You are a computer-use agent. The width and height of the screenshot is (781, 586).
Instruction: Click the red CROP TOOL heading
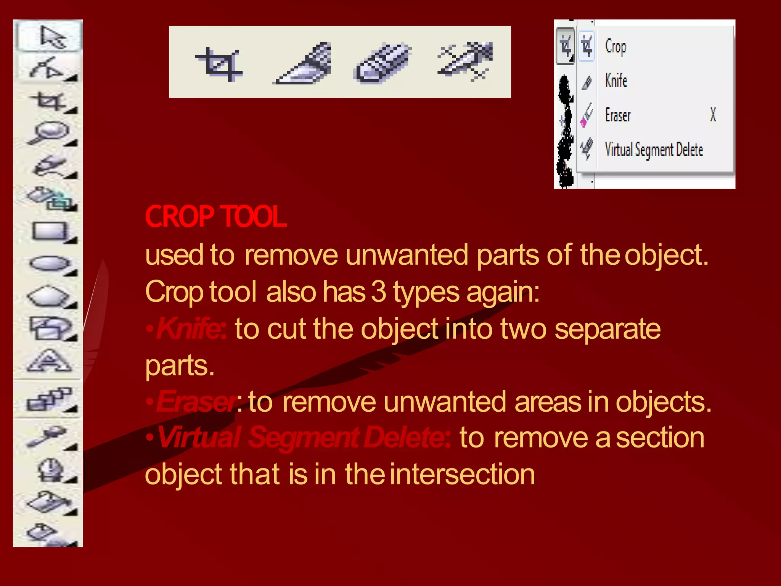215,217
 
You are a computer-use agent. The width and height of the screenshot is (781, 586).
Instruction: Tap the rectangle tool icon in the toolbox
49,231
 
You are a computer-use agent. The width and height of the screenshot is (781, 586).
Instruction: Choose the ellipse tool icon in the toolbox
50,263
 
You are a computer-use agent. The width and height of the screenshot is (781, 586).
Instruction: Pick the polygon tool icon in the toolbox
49,296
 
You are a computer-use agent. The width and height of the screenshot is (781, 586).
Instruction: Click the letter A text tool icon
49,361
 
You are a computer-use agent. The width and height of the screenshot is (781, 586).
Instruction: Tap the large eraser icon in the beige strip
382,63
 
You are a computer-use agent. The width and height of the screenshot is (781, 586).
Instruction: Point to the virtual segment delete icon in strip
465,61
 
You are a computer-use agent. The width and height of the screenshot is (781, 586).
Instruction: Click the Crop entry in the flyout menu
615,47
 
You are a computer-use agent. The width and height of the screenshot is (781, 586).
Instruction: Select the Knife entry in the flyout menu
616,80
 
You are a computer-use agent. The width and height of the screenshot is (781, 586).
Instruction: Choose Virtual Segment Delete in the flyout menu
654,150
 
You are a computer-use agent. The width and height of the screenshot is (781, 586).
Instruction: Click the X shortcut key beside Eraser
713,114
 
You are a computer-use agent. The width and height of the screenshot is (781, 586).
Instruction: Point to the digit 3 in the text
378,292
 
